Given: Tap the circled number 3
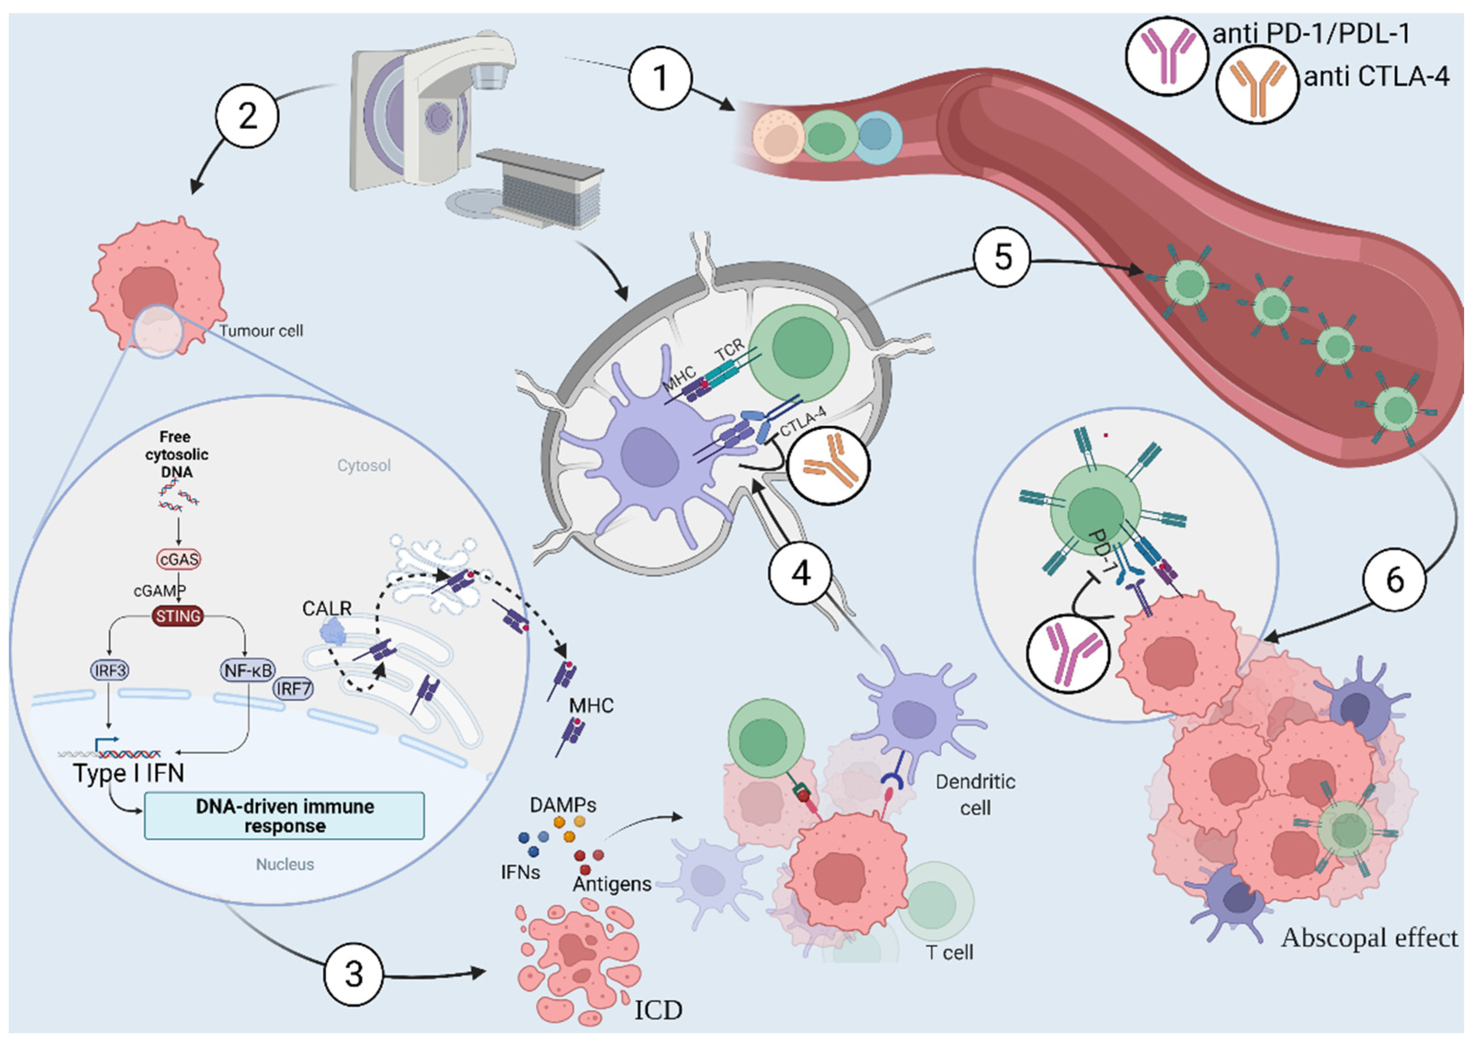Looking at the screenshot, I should click(x=353, y=974).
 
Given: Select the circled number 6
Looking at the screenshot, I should click(x=1393, y=580).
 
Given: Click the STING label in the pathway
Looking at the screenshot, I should click(x=178, y=616).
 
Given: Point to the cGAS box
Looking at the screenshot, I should click(x=178, y=559).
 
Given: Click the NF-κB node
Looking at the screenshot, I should click(x=248, y=670).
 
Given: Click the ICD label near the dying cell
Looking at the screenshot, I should click(x=658, y=1010).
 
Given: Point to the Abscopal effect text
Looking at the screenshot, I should click(x=1369, y=938).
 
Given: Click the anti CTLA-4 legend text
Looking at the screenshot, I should click(x=1377, y=77).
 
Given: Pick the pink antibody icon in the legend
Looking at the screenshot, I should click(x=1166, y=57).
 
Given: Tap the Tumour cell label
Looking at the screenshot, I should click(x=261, y=331).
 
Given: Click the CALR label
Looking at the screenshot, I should click(x=327, y=608).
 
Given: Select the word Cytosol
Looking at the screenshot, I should click(x=364, y=465).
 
